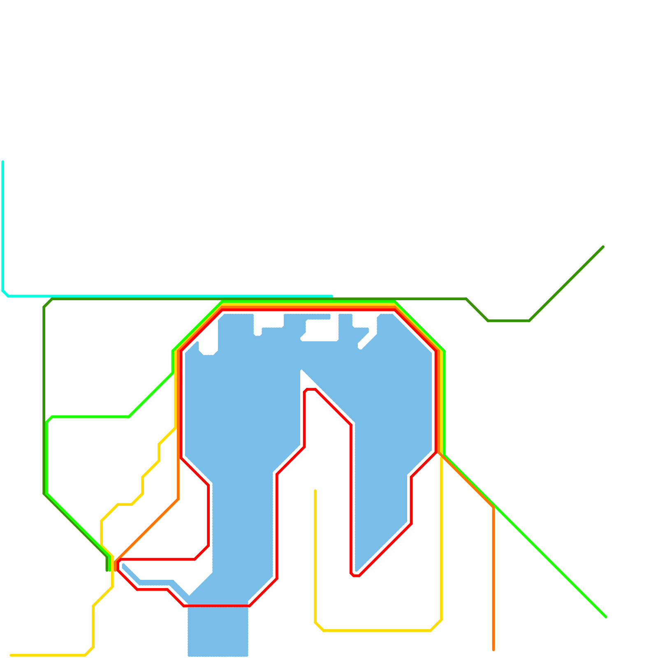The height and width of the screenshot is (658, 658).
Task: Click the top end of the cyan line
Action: (3, 162)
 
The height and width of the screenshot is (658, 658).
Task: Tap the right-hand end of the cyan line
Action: (331, 296)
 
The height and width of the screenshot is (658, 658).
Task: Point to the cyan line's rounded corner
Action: (5, 293)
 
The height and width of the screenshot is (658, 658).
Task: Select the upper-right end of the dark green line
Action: (603, 247)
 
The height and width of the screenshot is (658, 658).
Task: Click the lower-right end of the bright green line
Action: (606, 617)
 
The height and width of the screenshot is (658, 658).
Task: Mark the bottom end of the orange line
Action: (493, 650)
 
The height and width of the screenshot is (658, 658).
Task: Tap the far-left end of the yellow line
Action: (11, 655)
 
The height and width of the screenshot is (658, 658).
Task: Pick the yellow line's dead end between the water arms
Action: (315, 491)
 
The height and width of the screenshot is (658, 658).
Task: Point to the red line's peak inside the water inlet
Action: (310, 389)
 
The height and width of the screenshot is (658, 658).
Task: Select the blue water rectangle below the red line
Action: (218, 631)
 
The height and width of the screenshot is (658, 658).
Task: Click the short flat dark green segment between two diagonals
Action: (509, 320)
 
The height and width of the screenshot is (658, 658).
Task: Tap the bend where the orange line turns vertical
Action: (493, 507)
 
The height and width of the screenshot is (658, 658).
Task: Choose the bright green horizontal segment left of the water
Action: (90, 417)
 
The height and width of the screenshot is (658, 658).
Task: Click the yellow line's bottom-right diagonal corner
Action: (436, 625)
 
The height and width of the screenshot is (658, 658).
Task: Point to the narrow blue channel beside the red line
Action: (156, 582)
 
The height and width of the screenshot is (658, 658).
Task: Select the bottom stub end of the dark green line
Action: (107, 570)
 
